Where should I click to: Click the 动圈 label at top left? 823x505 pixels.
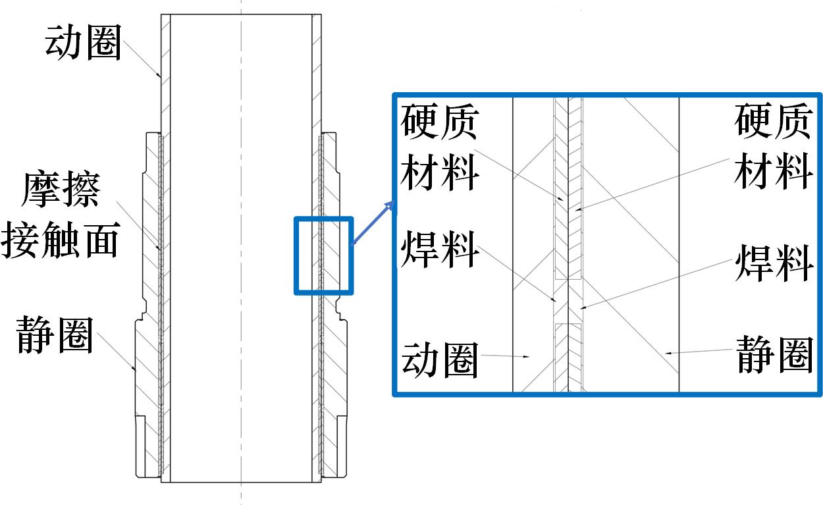click(83, 43)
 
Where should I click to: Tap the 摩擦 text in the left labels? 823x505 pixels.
click(61, 190)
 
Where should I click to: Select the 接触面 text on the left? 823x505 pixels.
click(61, 240)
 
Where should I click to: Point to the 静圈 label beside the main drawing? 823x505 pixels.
click(55, 336)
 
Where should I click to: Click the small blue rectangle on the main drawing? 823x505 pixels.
click(324, 256)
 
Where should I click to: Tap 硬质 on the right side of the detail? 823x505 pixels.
click(774, 121)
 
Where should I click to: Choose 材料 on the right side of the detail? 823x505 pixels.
click(774, 171)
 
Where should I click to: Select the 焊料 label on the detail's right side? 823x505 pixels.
click(774, 263)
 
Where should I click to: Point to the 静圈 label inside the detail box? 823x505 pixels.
click(774, 355)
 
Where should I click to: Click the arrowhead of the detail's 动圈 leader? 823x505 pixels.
click(526, 356)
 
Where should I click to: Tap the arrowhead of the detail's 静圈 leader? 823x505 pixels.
click(669, 353)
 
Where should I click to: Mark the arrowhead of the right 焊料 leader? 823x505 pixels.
click(583, 307)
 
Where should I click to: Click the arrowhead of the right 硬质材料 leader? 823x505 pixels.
click(578, 209)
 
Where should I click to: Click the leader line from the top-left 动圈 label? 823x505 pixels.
click(142, 59)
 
